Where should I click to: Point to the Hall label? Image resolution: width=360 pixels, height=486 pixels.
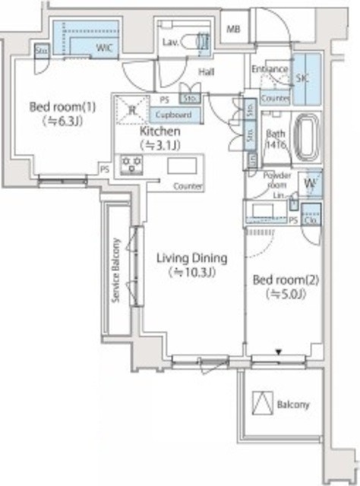[207, 72]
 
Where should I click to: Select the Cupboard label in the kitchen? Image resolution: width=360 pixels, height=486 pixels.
[176, 115]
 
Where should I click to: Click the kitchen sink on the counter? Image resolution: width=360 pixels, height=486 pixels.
[182, 166]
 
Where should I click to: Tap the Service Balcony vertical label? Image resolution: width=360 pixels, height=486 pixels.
[117, 271]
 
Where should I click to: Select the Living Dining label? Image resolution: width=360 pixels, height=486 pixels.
[192, 258]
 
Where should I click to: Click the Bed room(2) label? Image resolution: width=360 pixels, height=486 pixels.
[286, 279]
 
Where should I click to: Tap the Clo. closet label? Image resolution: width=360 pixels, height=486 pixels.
[311, 220]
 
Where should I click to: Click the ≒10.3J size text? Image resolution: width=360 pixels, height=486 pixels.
[193, 273]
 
